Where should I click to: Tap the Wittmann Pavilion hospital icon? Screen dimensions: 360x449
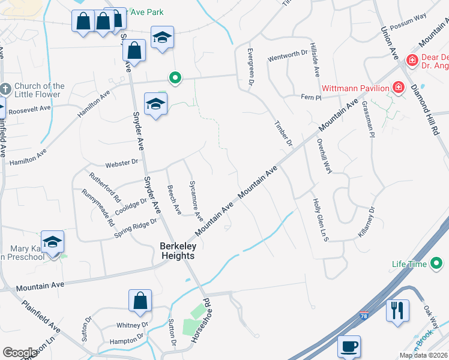pyautogui.click(x=397, y=88)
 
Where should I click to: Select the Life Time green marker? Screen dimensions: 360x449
pyautogui.click(x=436, y=263)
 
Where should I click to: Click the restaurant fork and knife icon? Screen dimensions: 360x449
pyautogui.click(x=397, y=310)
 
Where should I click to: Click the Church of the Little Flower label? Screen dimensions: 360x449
pyautogui.click(x=39, y=90)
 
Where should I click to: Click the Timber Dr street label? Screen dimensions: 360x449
pyautogui.click(x=283, y=134)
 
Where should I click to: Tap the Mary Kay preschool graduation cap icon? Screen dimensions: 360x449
pyautogui.click(x=52, y=242)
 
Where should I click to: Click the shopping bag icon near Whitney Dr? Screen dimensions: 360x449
pyautogui.click(x=140, y=300)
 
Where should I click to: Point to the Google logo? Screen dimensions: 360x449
pyautogui.click(x=20, y=353)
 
